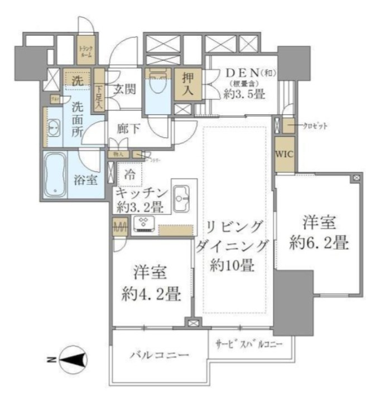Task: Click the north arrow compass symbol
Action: pyautogui.click(x=71, y=360)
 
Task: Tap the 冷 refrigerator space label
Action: pyautogui.click(x=129, y=173)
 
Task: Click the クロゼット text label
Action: pyautogui.click(x=316, y=126)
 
